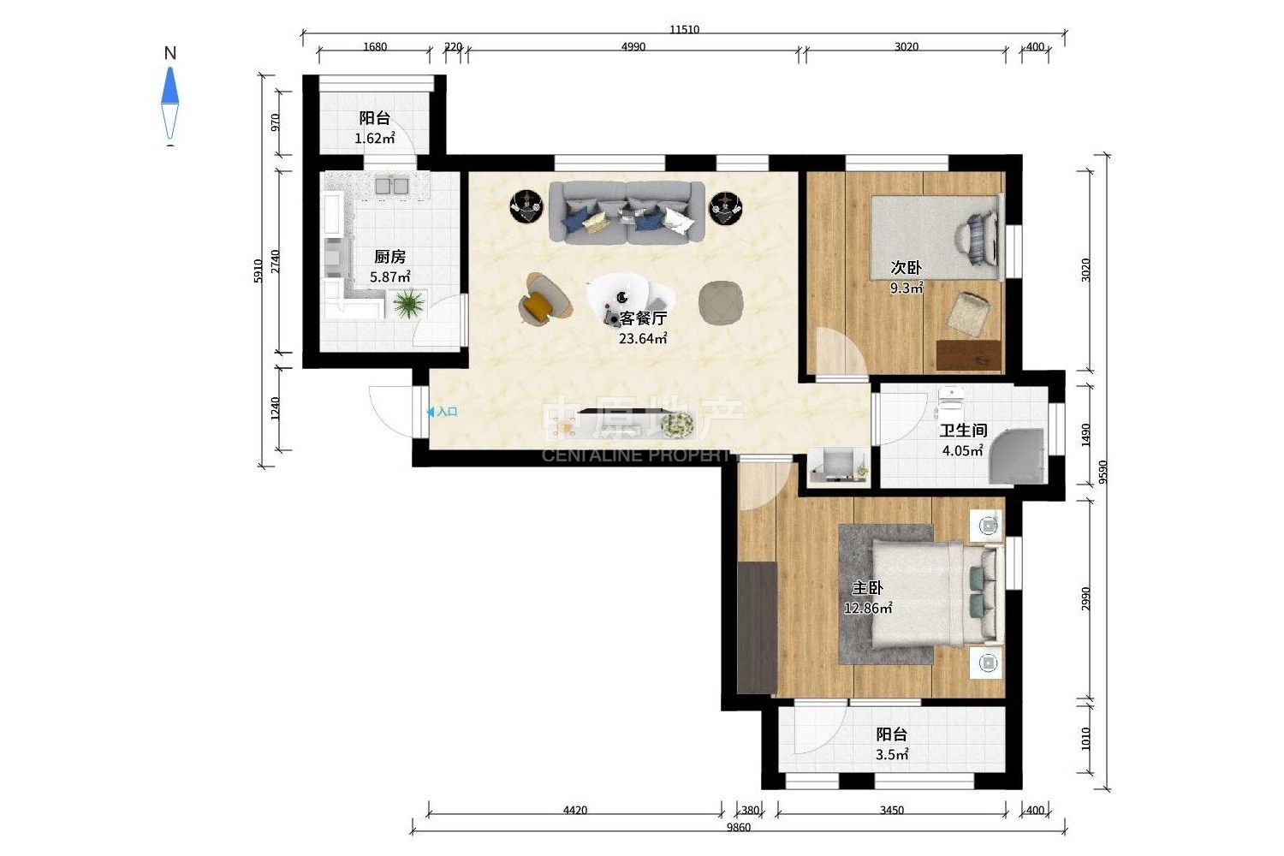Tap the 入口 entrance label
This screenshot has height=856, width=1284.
click(447, 412)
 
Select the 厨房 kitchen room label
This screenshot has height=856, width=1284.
click(389, 256)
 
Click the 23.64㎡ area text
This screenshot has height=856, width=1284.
click(643, 338)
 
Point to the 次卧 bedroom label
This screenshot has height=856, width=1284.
click(907, 267)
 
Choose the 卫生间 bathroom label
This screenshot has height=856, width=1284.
click(963, 430)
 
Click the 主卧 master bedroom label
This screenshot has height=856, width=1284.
click(866, 588)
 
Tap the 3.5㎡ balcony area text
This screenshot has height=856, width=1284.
click(892, 754)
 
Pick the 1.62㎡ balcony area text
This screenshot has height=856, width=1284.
click(375, 138)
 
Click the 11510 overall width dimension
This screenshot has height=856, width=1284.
click(685, 29)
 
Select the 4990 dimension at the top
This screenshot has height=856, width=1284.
click(633, 46)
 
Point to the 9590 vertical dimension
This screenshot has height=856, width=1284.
click(1104, 473)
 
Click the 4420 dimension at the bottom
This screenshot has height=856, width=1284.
click(575, 810)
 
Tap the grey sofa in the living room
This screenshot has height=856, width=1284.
click(627, 212)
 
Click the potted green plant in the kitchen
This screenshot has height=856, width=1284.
click(408, 303)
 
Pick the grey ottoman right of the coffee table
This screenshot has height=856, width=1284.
click(722, 303)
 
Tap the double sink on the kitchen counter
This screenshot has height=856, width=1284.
click(391, 186)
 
